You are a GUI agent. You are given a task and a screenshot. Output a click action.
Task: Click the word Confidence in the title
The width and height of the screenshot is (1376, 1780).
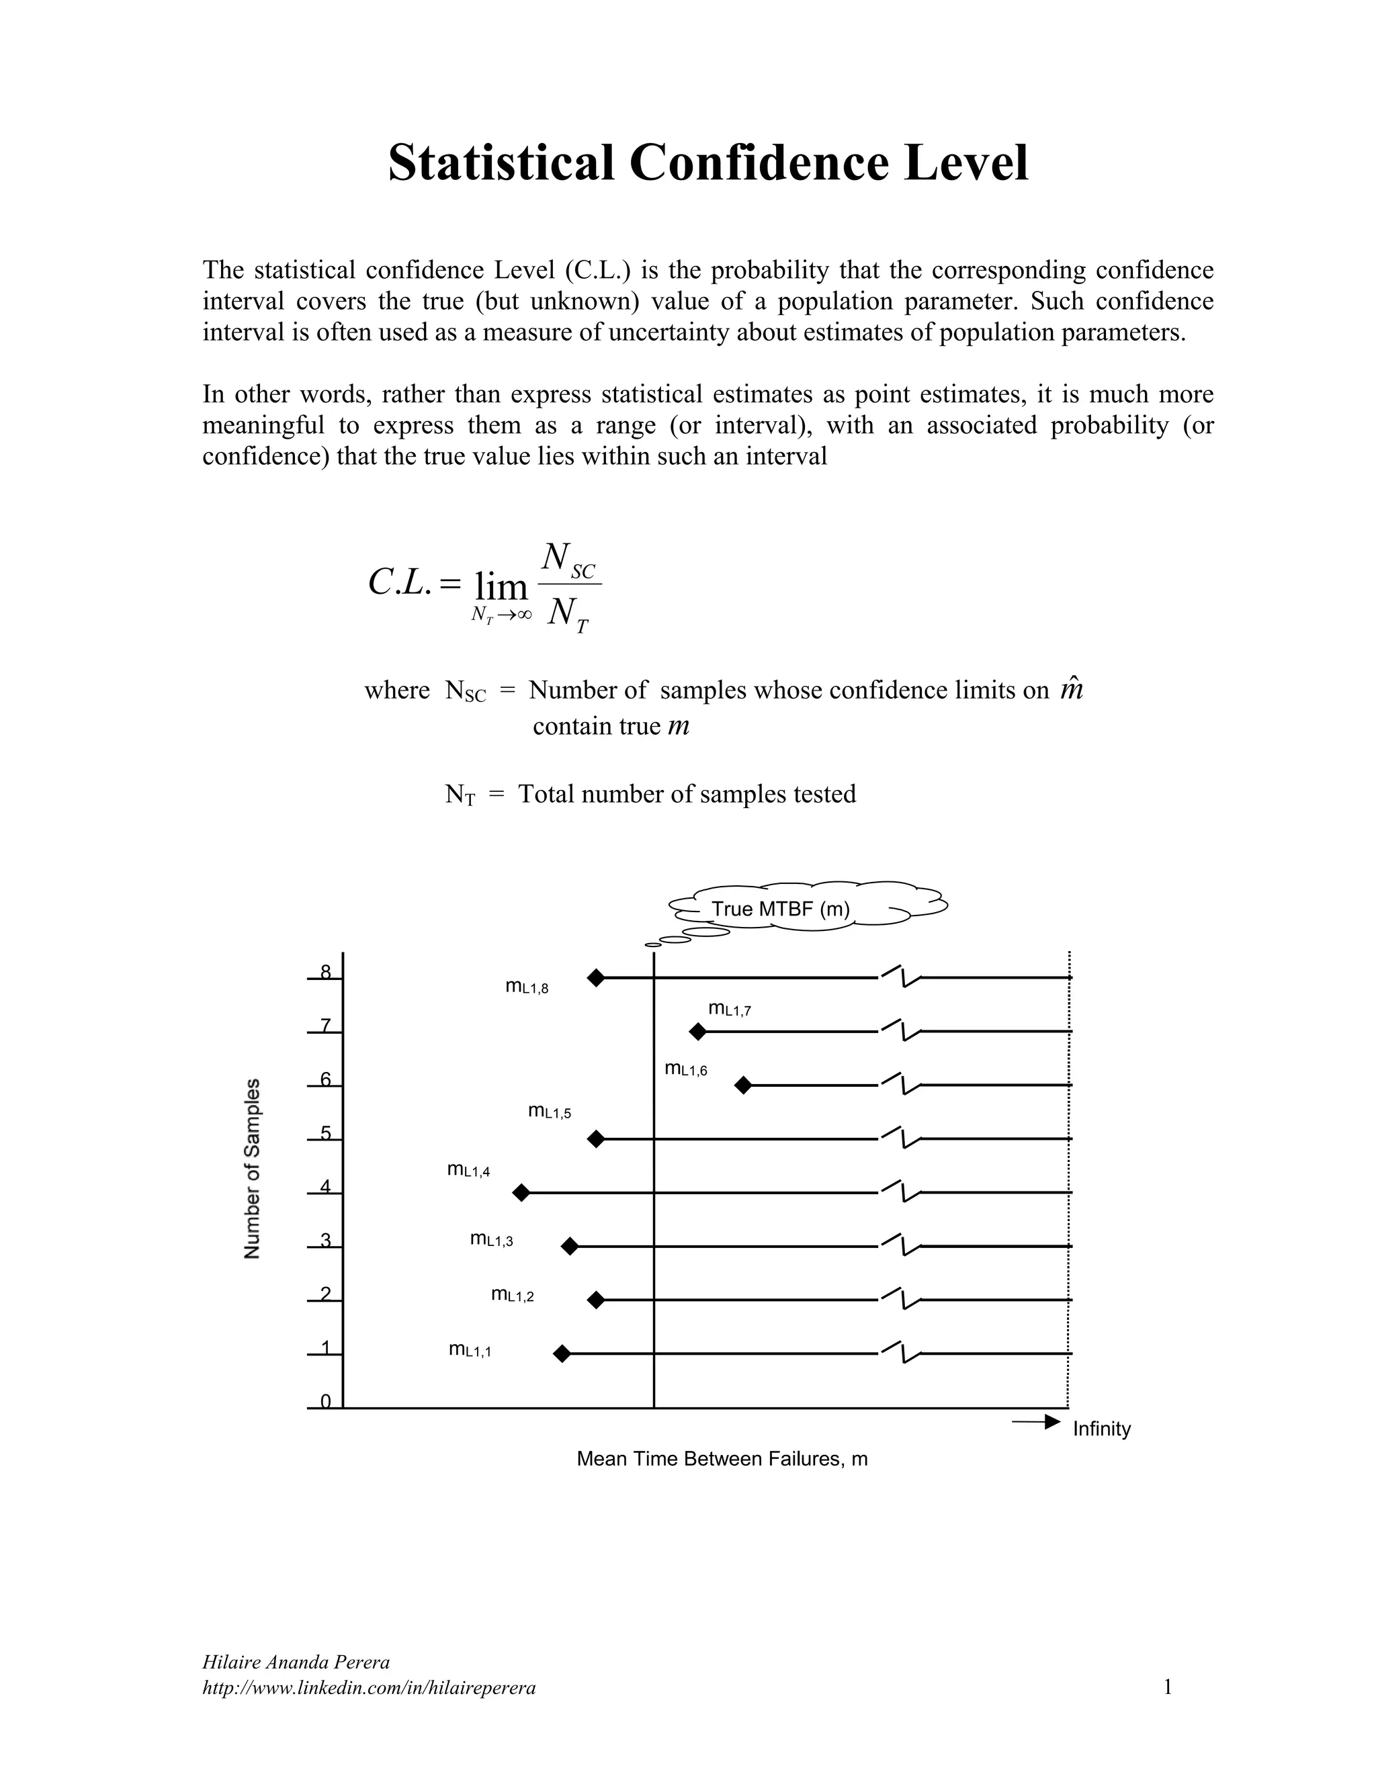(760, 162)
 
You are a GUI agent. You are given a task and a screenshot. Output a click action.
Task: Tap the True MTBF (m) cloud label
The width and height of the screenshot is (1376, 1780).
(780, 909)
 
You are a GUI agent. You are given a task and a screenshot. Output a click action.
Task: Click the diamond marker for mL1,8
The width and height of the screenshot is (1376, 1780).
(596, 977)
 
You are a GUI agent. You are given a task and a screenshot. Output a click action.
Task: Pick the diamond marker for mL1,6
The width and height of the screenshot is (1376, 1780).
(742, 1085)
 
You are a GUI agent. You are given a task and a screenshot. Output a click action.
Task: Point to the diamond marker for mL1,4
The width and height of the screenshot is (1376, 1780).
(521, 1193)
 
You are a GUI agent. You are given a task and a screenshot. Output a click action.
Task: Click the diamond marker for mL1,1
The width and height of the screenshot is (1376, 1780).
(561, 1353)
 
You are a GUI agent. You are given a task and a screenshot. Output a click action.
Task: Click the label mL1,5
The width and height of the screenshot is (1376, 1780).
(550, 1112)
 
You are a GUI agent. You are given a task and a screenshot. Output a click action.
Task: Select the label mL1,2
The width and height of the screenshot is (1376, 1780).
(512, 1295)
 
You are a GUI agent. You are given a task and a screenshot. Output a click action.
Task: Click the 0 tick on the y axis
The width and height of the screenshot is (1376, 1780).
(325, 1402)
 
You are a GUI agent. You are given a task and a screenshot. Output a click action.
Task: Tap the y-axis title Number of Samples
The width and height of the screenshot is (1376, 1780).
(253, 1168)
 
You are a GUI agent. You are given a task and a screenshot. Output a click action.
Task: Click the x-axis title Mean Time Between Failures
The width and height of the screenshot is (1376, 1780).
(722, 1459)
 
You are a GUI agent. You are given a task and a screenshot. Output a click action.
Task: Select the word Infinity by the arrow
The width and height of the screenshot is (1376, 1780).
(1101, 1429)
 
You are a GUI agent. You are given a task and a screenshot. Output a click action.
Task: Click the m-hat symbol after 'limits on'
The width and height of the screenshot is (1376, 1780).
(1071, 691)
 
